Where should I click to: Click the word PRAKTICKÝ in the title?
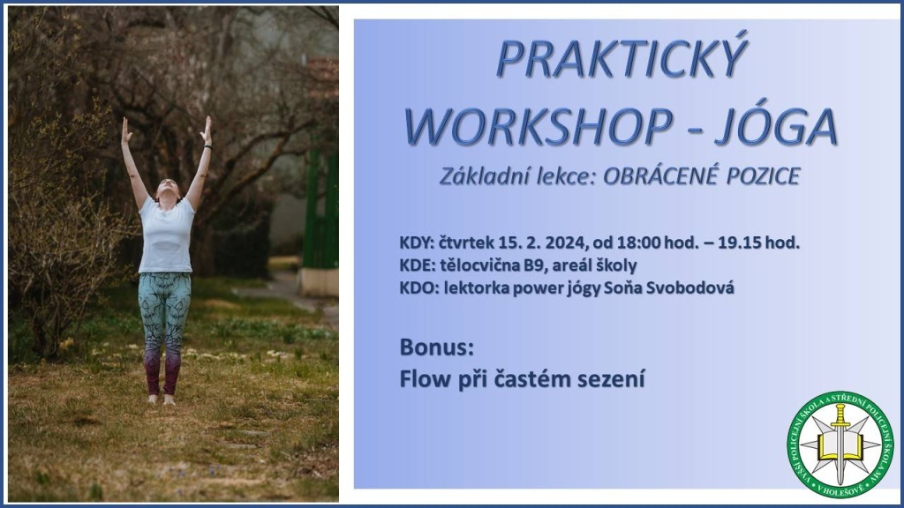click(621, 59)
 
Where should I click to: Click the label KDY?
click(417, 243)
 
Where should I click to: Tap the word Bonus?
click(436, 347)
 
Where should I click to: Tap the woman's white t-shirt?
click(166, 235)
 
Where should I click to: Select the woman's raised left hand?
click(206, 130)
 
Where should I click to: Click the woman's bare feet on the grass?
click(161, 400)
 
